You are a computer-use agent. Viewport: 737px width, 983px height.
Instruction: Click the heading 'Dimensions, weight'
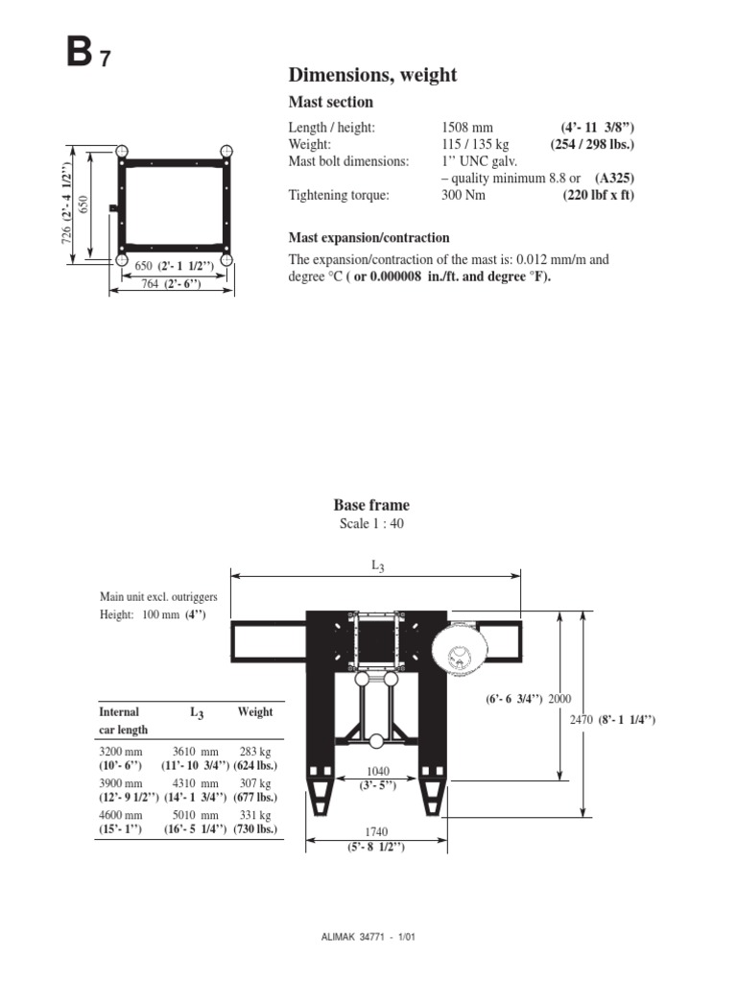[x=372, y=75]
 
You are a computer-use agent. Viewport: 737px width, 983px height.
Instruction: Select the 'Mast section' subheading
[x=331, y=102]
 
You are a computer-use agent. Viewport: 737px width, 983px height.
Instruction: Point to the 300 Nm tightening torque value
[x=463, y=195]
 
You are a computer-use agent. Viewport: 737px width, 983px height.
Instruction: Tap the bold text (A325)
[x=614, y=179]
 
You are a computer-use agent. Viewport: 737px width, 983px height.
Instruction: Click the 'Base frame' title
[x=371, y=505]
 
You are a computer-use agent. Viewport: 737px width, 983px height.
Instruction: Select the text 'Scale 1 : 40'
[x=371, y=523]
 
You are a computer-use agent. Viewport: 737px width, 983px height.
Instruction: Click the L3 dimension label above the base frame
[x=377, y=566]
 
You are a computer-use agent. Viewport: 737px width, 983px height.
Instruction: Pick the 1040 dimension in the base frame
[x=377, y=771]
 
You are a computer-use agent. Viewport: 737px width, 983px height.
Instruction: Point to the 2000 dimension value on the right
[x=561, y=699]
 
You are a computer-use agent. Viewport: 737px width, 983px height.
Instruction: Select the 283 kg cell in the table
[x=255, y=752]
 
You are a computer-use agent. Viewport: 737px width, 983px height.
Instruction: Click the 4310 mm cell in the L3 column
[x=196, y=783]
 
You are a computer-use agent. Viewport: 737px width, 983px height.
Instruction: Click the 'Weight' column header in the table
[x=255, y=712]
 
